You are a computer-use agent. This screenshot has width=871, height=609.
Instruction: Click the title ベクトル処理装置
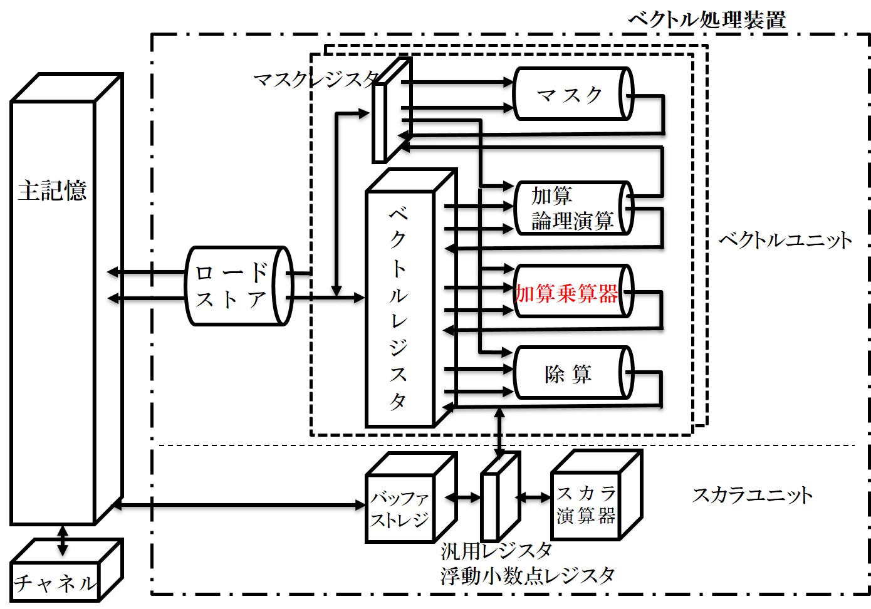pyautogui.click(x=706, y=20)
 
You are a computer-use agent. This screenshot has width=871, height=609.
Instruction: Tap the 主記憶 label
pyautogui.click(x=52, y=190)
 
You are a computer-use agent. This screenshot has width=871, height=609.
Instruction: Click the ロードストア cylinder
pyautogui.click(x=238, y=286)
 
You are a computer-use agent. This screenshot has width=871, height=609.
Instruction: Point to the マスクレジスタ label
pyautogui.click(x=315, y=80)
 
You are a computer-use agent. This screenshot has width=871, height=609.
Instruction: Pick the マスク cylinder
pyautogui.click(x=570, y=95)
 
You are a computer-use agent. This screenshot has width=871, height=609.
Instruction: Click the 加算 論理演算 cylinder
pyautogui.click(x=570, y=209)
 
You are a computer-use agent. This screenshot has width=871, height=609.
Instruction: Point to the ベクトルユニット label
pyautogui.click(x=785, y=240)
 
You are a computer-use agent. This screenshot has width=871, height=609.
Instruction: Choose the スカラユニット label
pyautogui.click(x=752, y=495)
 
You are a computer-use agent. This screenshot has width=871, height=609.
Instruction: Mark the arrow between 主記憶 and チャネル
pyautogui.click(x=62, y=540)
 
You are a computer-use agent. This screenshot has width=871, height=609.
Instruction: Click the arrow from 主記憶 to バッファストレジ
pyautogui.click(x=238, y=504)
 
